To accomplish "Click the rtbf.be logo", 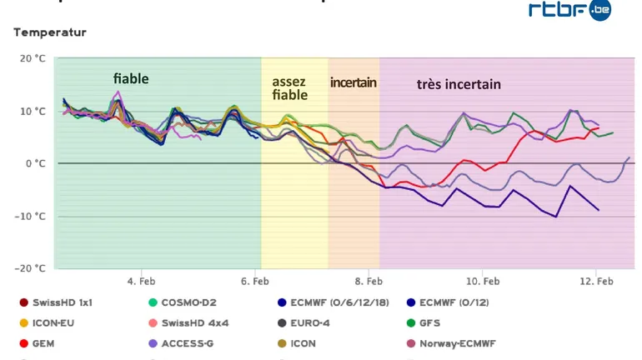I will [x=569, y=10].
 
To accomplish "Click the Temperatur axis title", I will [x=49, y=32].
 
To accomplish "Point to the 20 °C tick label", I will [x=33, y=59].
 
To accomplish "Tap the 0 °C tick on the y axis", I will [x=36, y=163].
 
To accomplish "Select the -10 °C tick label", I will [x=33, y=216].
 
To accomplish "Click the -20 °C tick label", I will [x=33, y=268].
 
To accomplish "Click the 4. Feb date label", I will [x=141, y=282].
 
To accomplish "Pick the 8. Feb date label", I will [x=369, y=282].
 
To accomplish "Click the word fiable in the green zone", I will [x=131, y=78].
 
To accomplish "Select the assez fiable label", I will [x=289, y=88].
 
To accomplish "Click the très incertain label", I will [x=459, y=84].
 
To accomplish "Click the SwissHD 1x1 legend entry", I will [x=63, y=302].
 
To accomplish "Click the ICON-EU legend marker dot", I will [x=23, y=322].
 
